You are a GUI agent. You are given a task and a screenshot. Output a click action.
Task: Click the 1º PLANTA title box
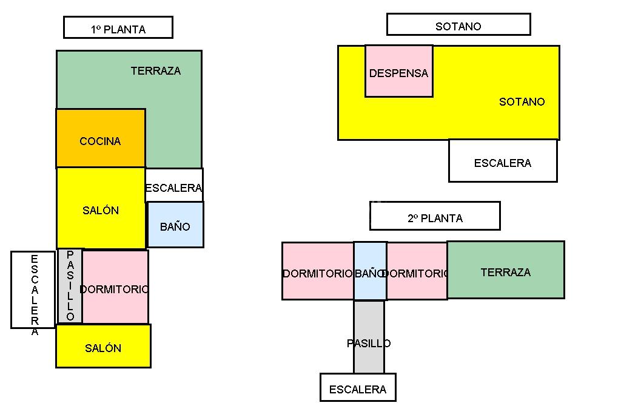(118, 27)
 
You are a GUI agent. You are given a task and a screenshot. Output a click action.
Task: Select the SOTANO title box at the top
(458, 25)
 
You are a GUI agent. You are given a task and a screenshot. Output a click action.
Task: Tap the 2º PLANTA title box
(435, 215)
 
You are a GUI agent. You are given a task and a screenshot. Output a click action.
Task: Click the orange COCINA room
(101, 138)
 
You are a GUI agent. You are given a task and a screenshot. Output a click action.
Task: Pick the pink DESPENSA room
(399, 71)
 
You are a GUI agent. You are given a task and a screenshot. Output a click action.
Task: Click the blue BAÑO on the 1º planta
(175, 225)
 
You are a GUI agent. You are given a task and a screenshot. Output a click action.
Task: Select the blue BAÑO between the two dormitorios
(370, 271)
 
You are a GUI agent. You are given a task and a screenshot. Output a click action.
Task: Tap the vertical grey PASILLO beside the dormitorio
(70, 286)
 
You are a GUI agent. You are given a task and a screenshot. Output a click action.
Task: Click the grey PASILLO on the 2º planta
(369, 337)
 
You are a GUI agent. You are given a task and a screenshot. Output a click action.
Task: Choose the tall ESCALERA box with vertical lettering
(33, 290)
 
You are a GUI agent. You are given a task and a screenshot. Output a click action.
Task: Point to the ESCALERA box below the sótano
(503, 161)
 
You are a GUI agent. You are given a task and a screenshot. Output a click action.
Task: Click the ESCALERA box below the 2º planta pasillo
(358, 387)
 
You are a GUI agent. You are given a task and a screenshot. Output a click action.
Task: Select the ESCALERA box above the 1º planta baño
(174, 185)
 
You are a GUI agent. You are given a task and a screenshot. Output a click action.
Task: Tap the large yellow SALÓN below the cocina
(101, 208)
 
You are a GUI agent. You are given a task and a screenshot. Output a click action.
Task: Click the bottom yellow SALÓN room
(103, 346)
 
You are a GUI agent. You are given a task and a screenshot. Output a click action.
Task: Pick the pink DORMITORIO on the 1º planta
(115, 287)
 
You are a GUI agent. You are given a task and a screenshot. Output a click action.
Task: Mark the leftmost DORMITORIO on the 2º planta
(318, 271)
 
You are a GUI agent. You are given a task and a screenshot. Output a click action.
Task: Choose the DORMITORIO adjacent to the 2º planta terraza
(417, 271)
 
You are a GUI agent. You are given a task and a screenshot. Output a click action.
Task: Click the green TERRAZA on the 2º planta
(506, 270)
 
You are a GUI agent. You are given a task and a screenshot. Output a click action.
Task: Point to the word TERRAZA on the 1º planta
(156, 70)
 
